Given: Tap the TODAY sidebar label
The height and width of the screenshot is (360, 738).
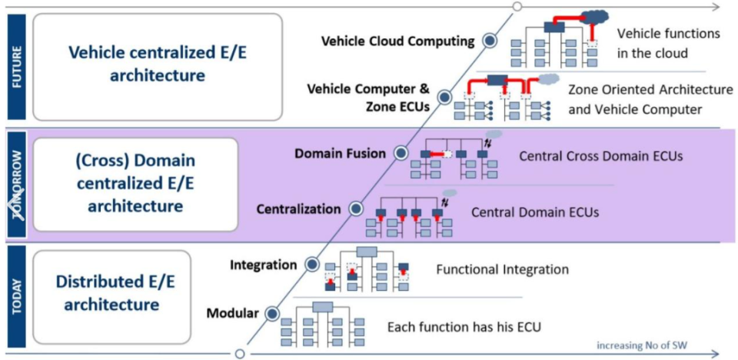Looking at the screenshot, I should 16,295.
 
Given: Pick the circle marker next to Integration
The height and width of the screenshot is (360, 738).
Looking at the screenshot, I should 312,265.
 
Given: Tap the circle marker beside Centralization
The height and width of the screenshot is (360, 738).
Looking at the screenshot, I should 355,208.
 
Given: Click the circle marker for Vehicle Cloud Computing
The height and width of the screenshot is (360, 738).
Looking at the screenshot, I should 488,41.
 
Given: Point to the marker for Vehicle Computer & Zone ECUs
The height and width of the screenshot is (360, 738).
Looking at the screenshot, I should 444,97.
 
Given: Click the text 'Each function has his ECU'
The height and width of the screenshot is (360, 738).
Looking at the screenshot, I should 464,326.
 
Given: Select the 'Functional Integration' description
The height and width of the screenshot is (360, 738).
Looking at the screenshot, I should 502,269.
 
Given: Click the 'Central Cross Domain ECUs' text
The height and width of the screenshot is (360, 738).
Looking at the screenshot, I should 600,156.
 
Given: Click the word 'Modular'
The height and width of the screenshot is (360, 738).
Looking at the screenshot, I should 231,313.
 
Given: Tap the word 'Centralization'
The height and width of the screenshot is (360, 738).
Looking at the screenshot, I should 298,208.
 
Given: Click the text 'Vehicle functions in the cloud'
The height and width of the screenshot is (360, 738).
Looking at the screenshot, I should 669,43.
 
